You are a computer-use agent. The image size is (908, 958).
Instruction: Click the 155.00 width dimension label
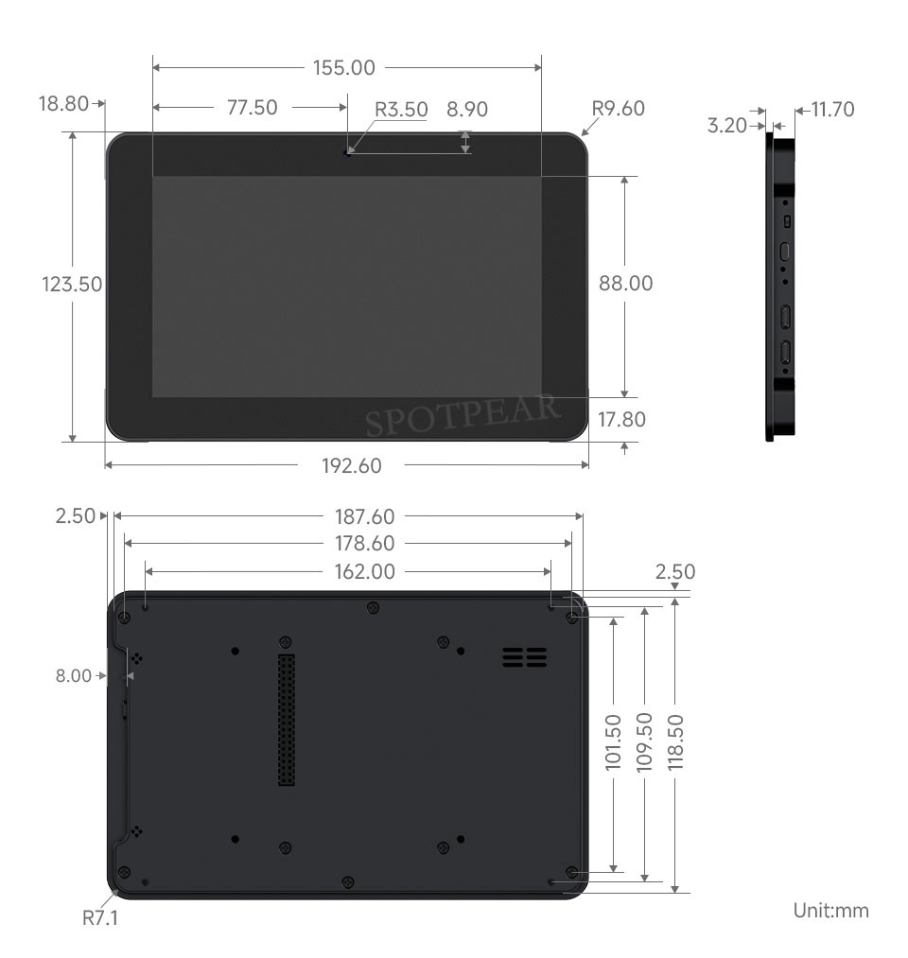(x=344, y=68)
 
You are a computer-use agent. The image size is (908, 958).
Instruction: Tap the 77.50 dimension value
(x=253, y=108)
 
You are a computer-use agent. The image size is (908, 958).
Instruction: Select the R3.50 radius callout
(x=401, y=110)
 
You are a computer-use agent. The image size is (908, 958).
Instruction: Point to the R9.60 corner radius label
(x=618, y=108)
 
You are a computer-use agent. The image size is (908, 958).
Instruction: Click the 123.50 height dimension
(x=72, y=285)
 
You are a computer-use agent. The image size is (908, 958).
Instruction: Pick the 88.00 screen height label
(x=626, y=284)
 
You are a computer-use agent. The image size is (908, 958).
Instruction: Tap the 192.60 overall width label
(x=351, y=466)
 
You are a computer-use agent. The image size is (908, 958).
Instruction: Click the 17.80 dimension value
(x=621, y=420)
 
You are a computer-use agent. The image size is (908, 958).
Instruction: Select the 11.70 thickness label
(x=833, y=110)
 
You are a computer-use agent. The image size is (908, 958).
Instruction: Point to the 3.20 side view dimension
(x=727, y=125)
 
